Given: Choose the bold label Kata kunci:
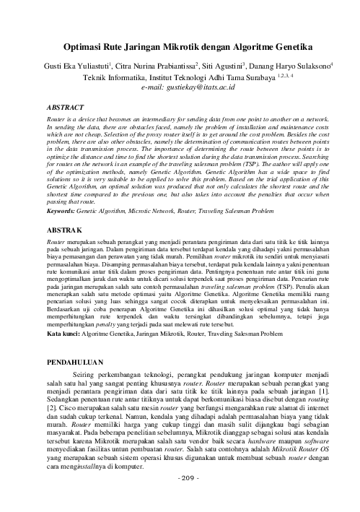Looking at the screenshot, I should click(65, 335).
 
